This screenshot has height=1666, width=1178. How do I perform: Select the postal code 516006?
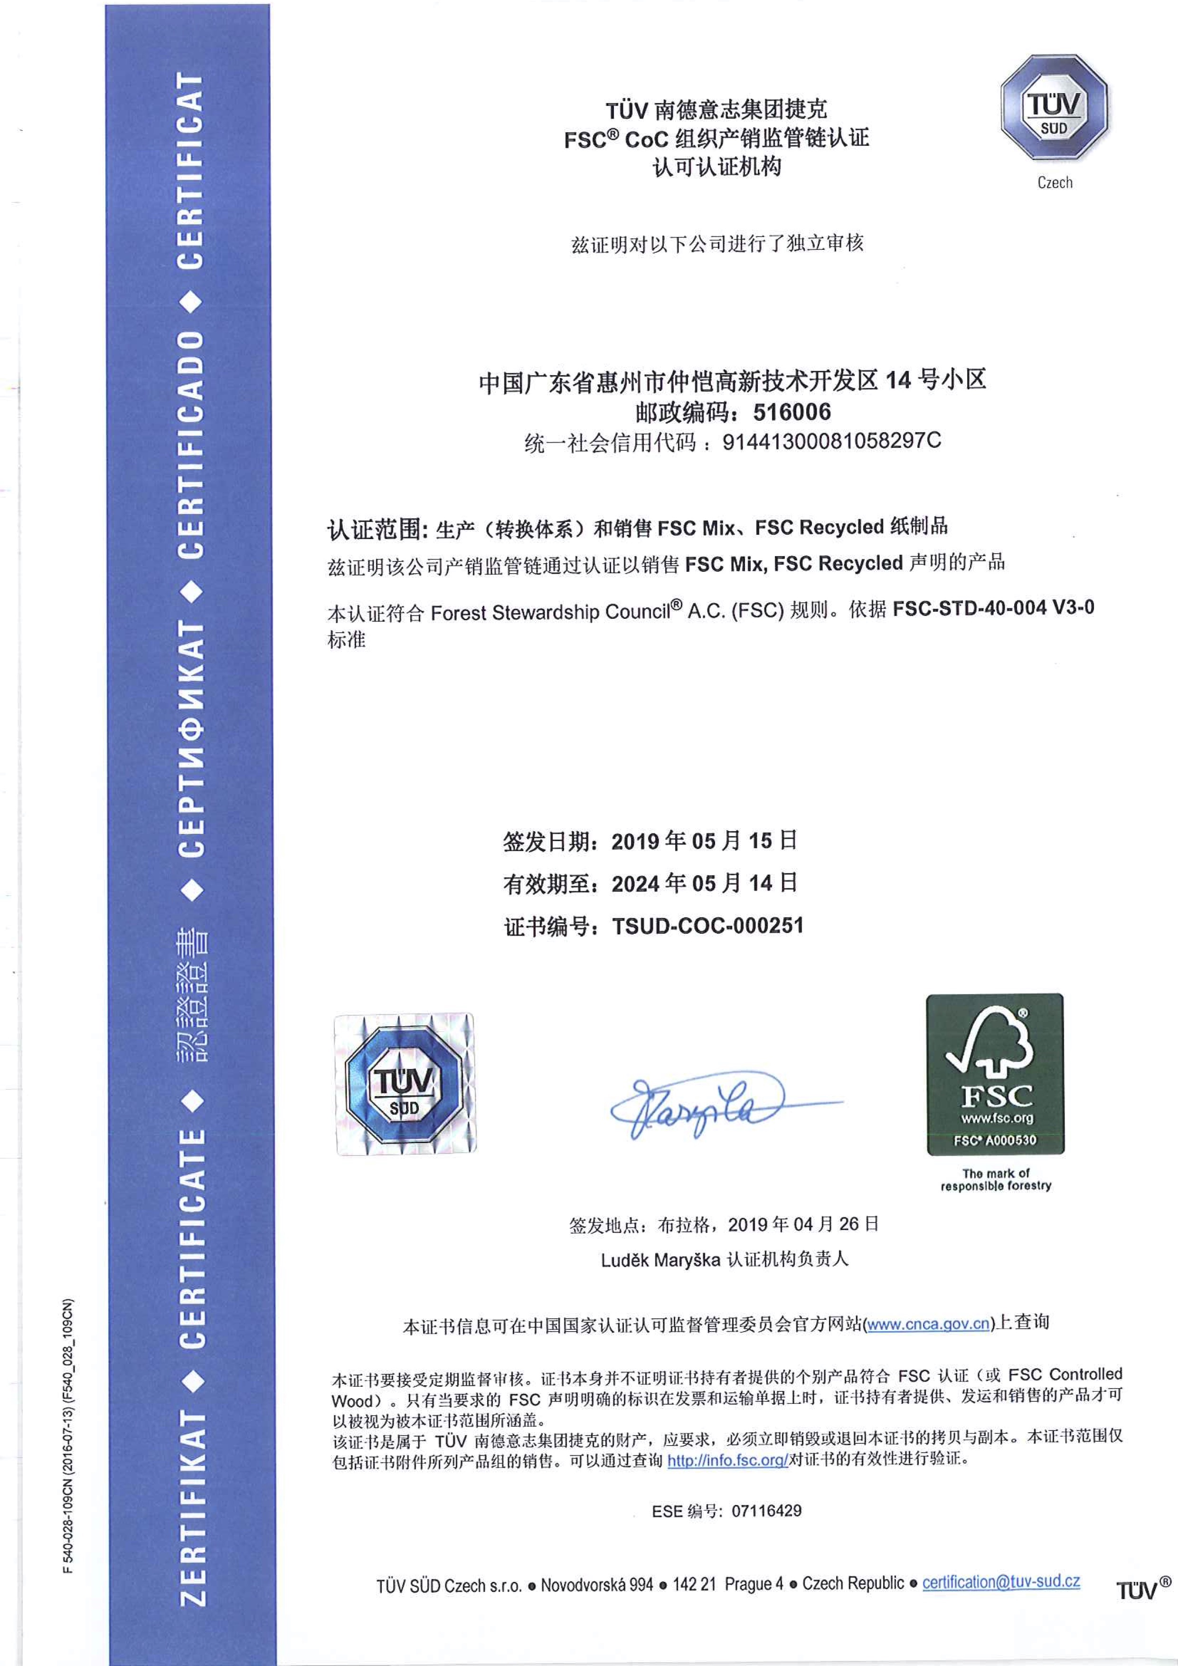792,412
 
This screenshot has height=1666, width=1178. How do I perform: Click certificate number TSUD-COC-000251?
708,926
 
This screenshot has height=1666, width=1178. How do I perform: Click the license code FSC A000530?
995,1140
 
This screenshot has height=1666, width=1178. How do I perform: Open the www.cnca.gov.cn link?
928,1324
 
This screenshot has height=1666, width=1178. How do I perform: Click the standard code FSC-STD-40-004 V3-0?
993,608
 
